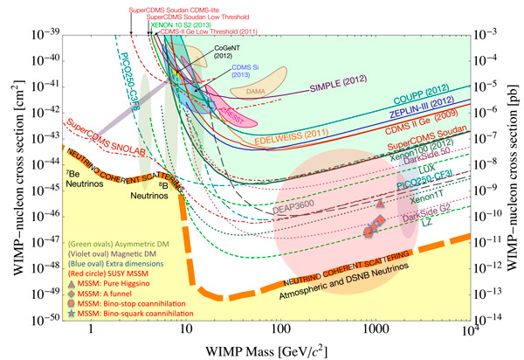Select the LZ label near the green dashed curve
pos(452,225)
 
